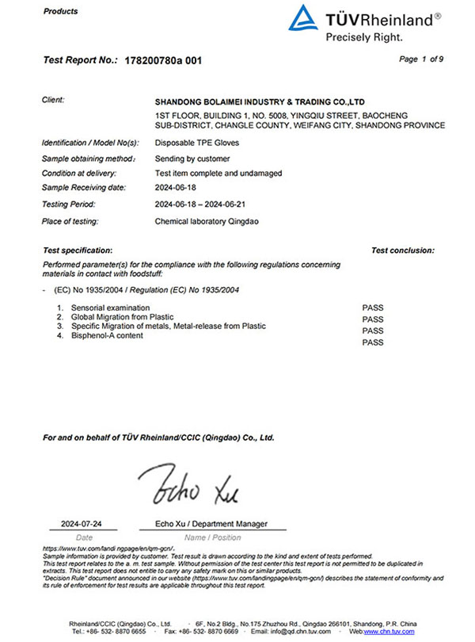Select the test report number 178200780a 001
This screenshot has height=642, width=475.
click(x=163, y=61)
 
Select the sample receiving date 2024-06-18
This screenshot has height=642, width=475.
click(x=175, y=187)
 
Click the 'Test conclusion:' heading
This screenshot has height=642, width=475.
click(x=402, y=250)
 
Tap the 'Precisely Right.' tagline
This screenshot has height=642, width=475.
click(x=363, y=36)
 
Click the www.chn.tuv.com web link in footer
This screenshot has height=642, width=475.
click(x=396, y=631)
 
